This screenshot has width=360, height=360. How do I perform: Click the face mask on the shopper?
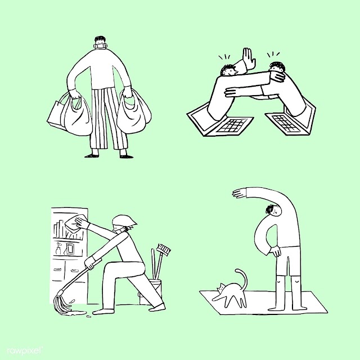(101, 46)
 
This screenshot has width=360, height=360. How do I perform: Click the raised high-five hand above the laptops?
(249, 58)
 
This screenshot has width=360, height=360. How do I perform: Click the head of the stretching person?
(273, 210)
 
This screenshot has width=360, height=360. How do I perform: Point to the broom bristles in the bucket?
(164, 249)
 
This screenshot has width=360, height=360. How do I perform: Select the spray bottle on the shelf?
(58, 249)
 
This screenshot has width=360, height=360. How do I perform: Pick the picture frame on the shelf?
(69, 249)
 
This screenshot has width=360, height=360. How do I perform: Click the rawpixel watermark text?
(25, 351)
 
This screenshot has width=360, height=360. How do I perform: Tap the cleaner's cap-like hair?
(124, 221)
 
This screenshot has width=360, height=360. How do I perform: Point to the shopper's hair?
(100, 39)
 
